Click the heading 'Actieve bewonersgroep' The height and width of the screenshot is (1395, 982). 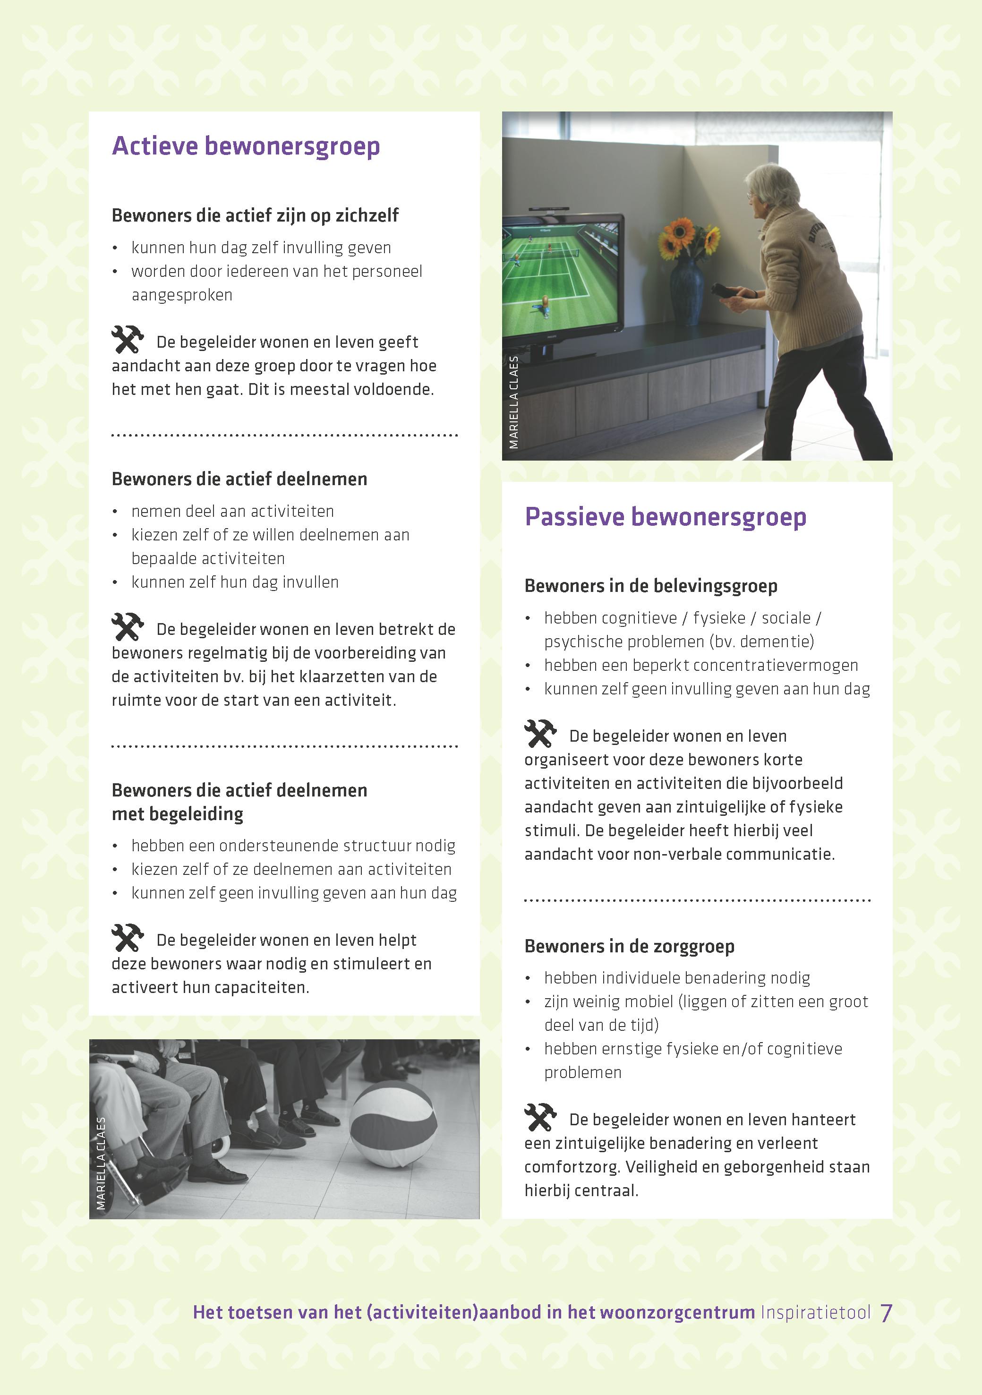[x=246, y=146]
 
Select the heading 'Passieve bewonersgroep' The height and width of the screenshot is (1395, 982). [x=666, y=517]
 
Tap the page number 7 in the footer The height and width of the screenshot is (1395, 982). [x=886, y=1313]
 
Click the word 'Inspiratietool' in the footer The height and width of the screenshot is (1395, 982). [x=815, y=1313]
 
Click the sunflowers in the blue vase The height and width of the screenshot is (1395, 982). [x=689, y=238]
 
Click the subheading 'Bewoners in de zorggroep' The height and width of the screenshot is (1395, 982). [x=629, y=947]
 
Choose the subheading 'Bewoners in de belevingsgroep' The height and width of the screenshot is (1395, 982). [x=651, y=586]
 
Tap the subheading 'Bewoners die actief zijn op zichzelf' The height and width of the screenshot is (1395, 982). [x=255, y=216]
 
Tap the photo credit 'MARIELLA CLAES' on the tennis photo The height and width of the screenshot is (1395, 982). [x=514, y=402]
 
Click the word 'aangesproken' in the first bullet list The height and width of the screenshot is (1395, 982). [x=182, y=295]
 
